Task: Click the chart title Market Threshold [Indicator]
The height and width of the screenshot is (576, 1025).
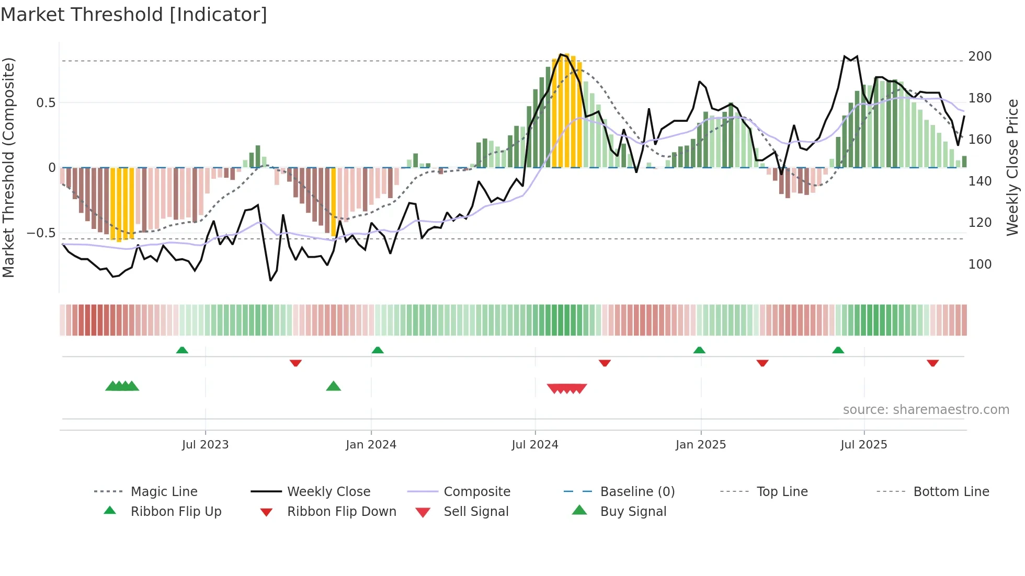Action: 134,15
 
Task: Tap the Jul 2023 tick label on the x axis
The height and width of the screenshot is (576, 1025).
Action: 205,445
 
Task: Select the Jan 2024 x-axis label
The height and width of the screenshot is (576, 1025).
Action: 371,445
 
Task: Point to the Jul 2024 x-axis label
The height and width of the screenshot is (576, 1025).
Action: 534,445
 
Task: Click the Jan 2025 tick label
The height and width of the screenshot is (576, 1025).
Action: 700,445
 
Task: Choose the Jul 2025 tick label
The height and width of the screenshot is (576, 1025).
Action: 863,445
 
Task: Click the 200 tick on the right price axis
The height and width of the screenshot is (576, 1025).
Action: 980,56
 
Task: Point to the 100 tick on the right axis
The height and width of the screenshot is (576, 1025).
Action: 980,264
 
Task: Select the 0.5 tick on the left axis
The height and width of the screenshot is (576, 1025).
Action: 45,103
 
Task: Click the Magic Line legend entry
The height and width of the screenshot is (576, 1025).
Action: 164,492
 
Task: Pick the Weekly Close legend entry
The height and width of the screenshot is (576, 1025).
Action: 328,492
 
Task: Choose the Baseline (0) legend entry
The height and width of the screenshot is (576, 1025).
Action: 637,492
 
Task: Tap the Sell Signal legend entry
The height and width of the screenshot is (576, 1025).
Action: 475,512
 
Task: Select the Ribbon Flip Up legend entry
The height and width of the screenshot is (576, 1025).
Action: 176,512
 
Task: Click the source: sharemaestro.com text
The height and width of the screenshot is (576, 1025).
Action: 926,410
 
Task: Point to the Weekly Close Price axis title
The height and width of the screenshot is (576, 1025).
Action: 1012,167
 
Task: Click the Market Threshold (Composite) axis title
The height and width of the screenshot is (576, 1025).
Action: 8,167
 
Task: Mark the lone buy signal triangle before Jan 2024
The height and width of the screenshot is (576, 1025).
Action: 333,386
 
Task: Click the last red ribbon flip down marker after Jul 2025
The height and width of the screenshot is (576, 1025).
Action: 932,363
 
